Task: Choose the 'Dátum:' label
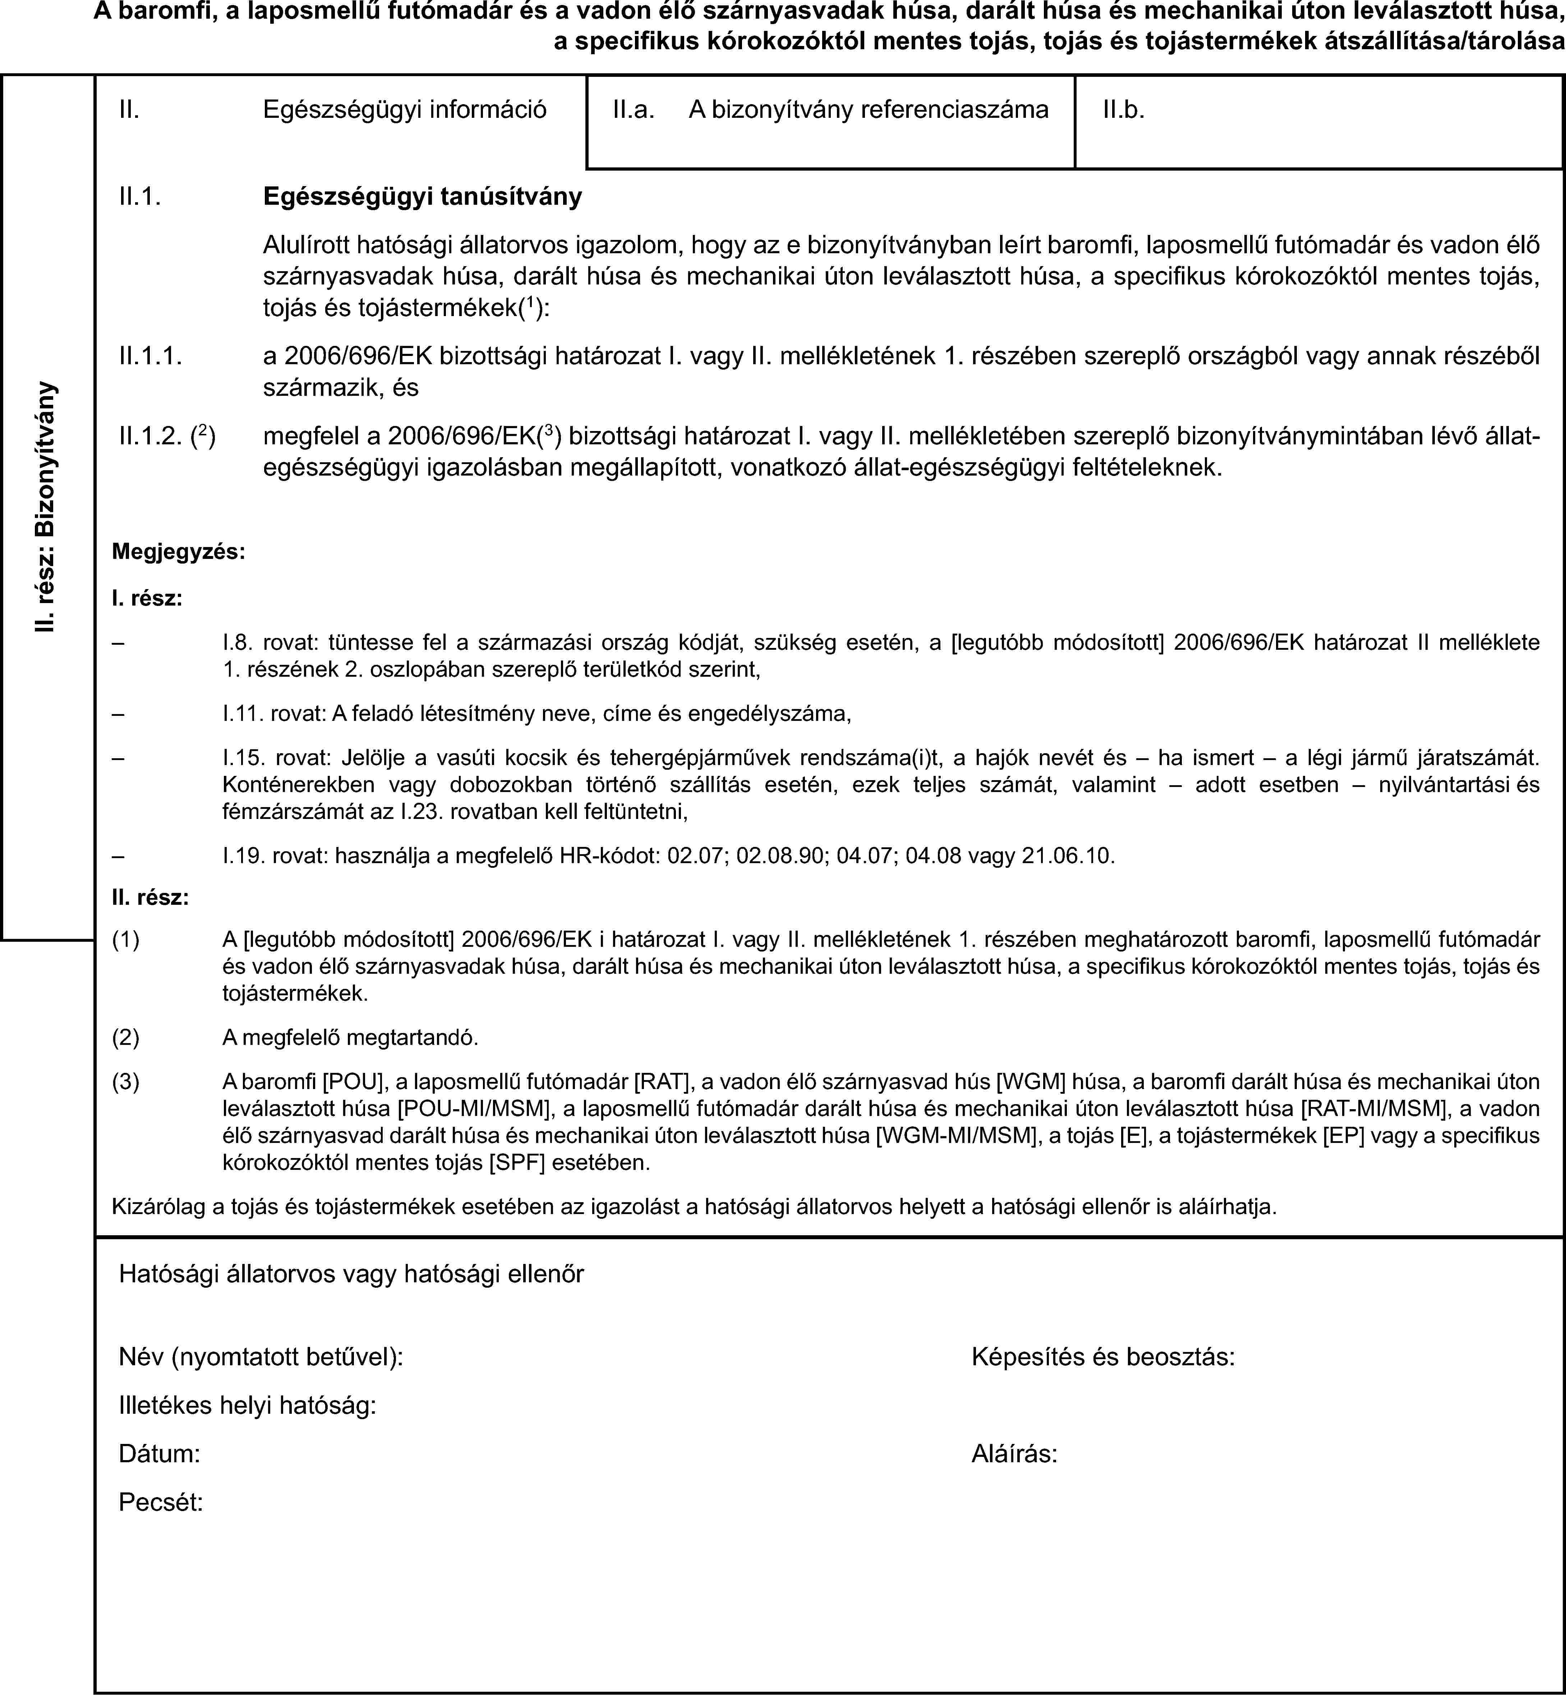159,1454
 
